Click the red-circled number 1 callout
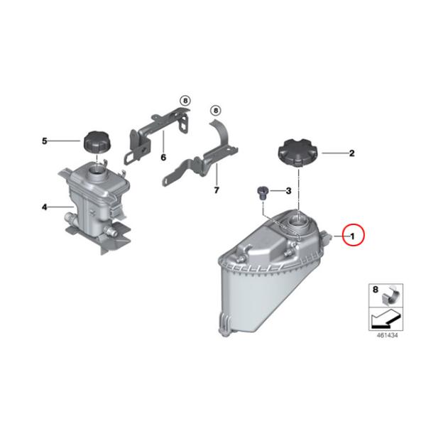click(353, 235)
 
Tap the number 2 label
click(351, 153)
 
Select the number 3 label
click(288, 191)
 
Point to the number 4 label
click(45, 207)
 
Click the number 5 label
click(45, 141)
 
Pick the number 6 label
click(163, 158)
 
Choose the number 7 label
click(217, 190)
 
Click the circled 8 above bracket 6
click(185, 101)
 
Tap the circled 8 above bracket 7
click(216, 111)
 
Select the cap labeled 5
click(97, 141)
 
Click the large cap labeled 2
click(298, 153)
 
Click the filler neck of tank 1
click(299, 220)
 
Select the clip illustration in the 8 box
click(390, 296)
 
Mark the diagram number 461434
click(387, 335)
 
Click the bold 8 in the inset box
click(375, 290)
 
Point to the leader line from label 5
click(65, 141)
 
